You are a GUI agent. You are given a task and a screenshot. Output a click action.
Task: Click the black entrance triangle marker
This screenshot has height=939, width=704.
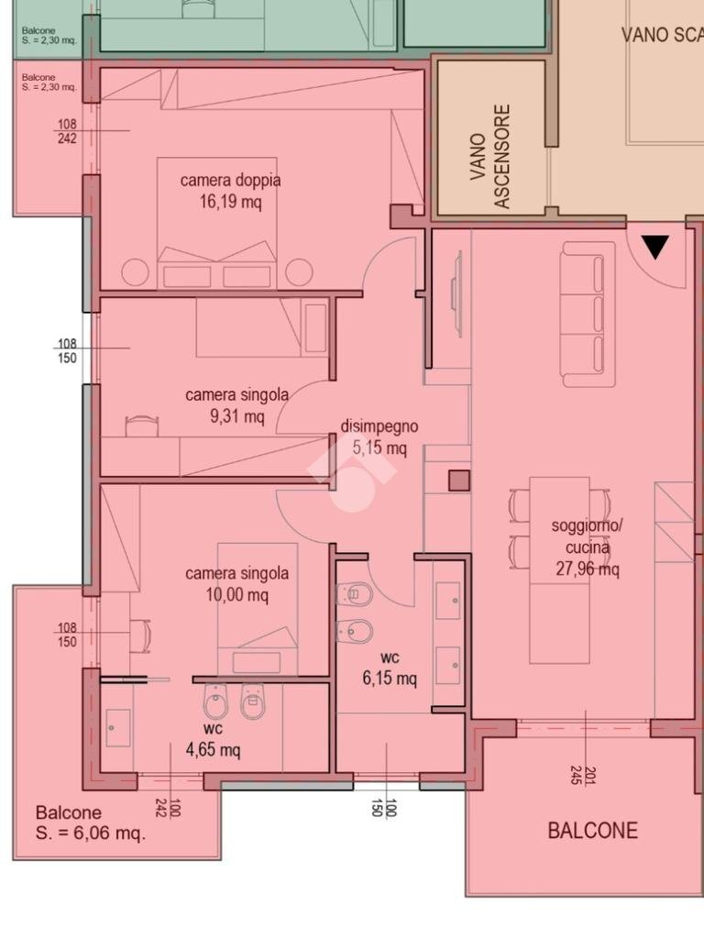click(x=655, y=247)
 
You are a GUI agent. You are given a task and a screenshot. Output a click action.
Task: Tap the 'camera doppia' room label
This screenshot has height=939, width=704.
click(x=230, y=180)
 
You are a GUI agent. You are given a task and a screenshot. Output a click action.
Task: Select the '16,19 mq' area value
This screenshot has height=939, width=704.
click(x=230, y=201)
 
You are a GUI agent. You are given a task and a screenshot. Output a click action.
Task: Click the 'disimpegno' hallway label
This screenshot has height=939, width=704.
click(x=379, y=426)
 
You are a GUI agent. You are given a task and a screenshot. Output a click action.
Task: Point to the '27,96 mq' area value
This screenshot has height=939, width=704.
click(x=588, y=568)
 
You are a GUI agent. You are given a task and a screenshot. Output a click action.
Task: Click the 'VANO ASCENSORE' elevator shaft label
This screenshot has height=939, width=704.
click(x=490, y=157)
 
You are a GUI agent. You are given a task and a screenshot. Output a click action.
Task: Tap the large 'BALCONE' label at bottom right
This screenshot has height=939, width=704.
click(x=593, y=831)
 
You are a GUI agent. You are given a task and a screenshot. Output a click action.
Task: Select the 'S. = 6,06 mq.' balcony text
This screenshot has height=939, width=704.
click(x=91, y=833)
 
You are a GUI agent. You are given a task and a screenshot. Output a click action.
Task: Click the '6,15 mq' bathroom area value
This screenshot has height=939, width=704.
click(x=390, y=679)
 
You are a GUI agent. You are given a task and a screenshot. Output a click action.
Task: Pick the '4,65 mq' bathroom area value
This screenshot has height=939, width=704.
click(x=213, y=749)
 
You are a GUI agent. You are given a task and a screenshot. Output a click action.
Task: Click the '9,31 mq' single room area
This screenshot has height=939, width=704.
click(x=237, y=415)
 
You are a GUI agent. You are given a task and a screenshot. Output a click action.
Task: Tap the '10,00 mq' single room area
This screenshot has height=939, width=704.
click(x=237, y=594)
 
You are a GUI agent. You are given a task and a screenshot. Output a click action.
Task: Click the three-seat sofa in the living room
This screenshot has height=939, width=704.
click(x=588, y=315)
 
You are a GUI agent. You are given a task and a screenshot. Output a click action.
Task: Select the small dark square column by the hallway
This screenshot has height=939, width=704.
click(x=459, y=481)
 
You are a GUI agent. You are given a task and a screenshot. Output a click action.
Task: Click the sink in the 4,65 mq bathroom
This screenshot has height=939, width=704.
click(x=118, y=728)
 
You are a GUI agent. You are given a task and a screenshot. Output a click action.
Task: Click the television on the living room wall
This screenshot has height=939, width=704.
click(x=458, y=294)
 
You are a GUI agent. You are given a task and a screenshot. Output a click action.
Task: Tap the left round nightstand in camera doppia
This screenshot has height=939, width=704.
click(x=136, y=273)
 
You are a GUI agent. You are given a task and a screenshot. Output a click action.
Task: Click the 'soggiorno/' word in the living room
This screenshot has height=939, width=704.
click(x=587, y=525)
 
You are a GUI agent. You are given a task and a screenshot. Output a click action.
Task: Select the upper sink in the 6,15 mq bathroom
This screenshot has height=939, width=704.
click(x=447, y=600)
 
